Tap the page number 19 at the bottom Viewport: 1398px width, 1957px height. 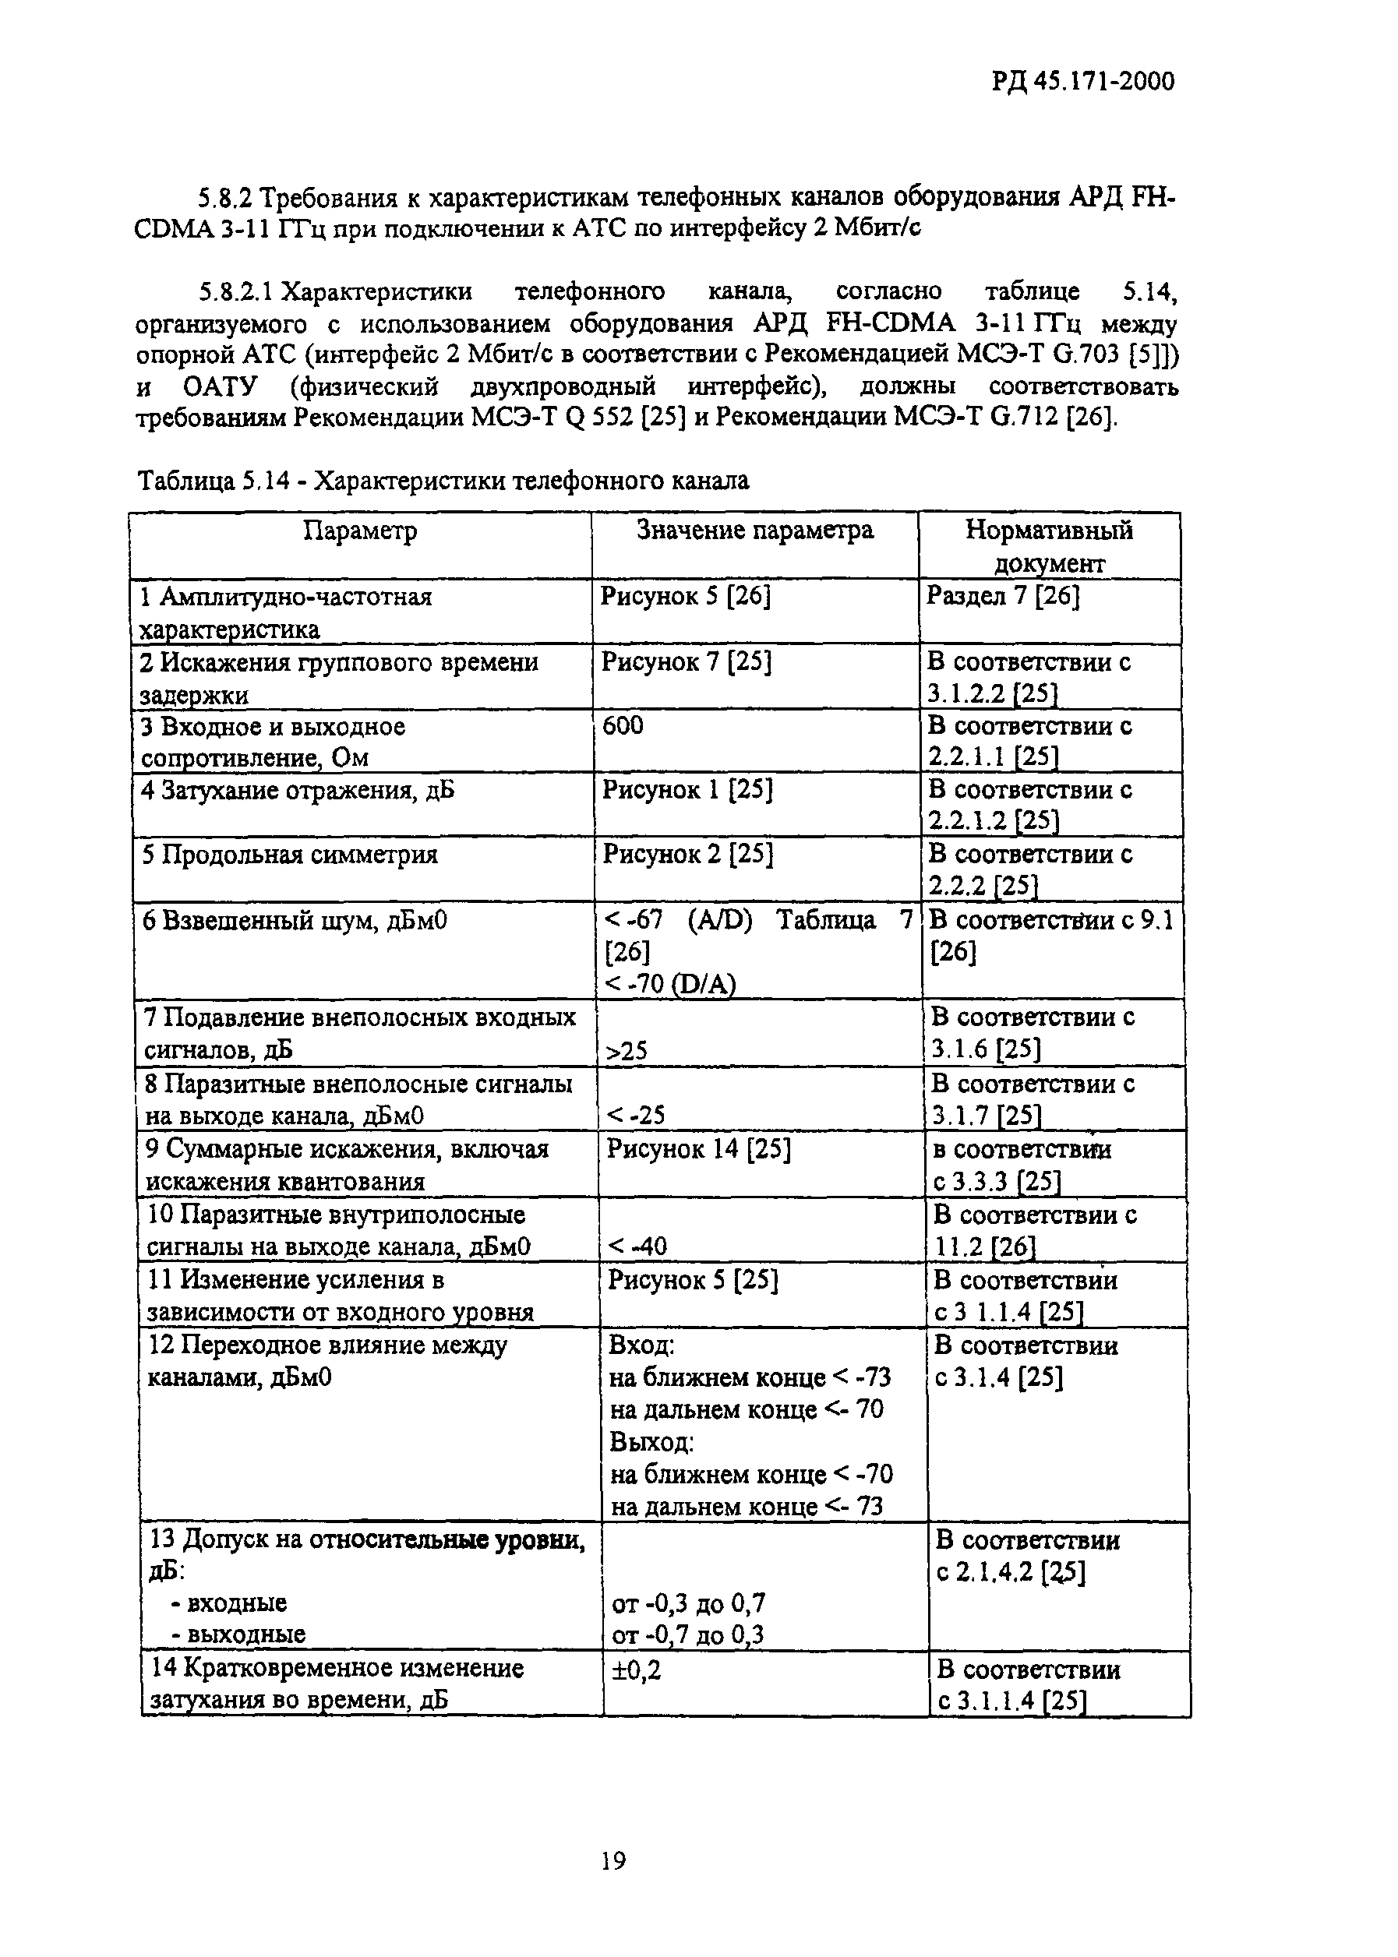click(613, 1860)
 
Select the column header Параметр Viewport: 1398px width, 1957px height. click(360, 530)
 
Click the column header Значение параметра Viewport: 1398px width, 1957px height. click(754, 530)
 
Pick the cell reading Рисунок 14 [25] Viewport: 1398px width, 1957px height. click(698, 1149)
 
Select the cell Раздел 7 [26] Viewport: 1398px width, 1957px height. click(1002, 595)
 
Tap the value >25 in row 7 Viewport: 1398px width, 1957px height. click(627, 1051)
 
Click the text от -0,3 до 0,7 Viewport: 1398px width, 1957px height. click(688, 1603)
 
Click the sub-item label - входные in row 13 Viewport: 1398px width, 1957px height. click(225, 1603)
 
